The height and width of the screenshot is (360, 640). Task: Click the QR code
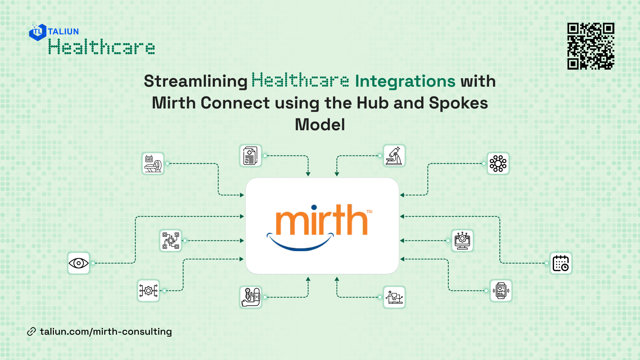(591, 46)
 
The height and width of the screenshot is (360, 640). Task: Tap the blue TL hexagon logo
(37, 32)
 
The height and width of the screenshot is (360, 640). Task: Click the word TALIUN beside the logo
(63, 31)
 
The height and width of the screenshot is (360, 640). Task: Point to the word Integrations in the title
(405, 81)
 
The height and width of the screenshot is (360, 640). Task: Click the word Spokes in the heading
(458, 103)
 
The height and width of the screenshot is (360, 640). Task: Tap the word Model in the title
(320, 125)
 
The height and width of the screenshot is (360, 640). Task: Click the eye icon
(79, 263)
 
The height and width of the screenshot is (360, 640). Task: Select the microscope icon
(394, 156)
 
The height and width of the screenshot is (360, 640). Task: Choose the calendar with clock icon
(561, 263)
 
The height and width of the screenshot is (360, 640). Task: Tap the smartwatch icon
(501, 291)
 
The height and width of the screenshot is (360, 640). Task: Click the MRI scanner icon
(153, 163)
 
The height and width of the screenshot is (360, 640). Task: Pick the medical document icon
(250, 156)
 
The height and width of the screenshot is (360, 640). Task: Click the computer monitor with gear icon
(462, 241)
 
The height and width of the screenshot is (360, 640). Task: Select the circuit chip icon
(171, 241)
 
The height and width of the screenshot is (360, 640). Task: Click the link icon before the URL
(31, 332)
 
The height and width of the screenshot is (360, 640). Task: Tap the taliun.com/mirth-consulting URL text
(106, 332)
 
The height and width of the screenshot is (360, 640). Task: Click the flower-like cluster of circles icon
(498, 163)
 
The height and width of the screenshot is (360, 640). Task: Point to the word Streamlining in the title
(196, 81)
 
